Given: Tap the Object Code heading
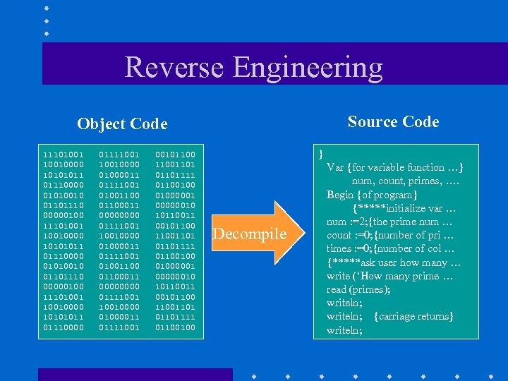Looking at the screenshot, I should pos(122,124).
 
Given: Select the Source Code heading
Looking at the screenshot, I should pos(393,122).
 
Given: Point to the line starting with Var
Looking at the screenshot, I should pos(394,167).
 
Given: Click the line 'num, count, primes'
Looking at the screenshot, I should pos(406,181).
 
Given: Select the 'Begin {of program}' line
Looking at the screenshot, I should pos(372,194).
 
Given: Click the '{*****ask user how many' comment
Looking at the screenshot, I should pos(394,262).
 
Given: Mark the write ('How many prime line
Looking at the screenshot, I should pos(393,276).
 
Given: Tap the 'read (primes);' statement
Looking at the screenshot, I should pos(358,289).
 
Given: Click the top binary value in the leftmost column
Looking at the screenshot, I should pos(63,154).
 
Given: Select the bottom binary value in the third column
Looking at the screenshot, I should pos(176,327).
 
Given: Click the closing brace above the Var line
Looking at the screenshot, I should pos(322,153).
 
